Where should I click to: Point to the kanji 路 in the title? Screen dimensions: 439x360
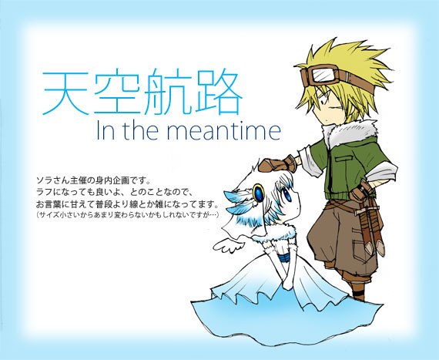219,92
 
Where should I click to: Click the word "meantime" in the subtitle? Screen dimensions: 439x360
224,130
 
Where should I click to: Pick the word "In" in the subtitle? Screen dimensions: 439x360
106,130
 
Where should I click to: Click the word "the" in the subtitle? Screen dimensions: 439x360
140,130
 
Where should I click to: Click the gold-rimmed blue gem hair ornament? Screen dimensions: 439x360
259,193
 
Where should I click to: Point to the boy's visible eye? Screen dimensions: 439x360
324,102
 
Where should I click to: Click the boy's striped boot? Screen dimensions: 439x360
358,291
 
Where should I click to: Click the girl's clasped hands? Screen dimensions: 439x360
287,284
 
